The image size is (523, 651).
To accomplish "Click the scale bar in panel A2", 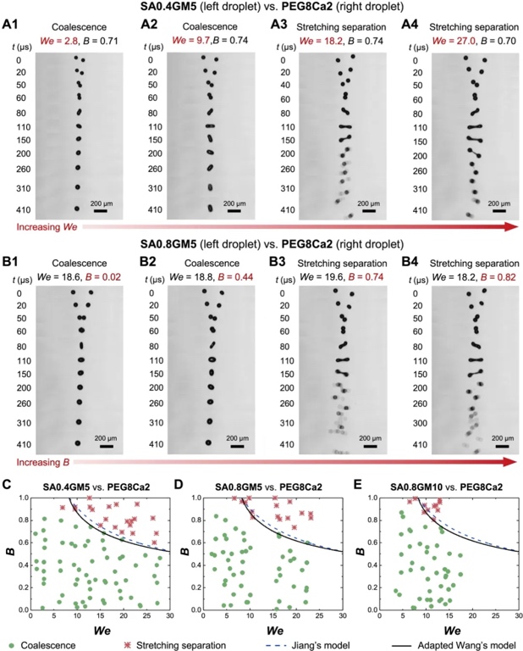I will coord(234,211).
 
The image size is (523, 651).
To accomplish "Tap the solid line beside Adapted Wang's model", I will coord(405,643).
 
